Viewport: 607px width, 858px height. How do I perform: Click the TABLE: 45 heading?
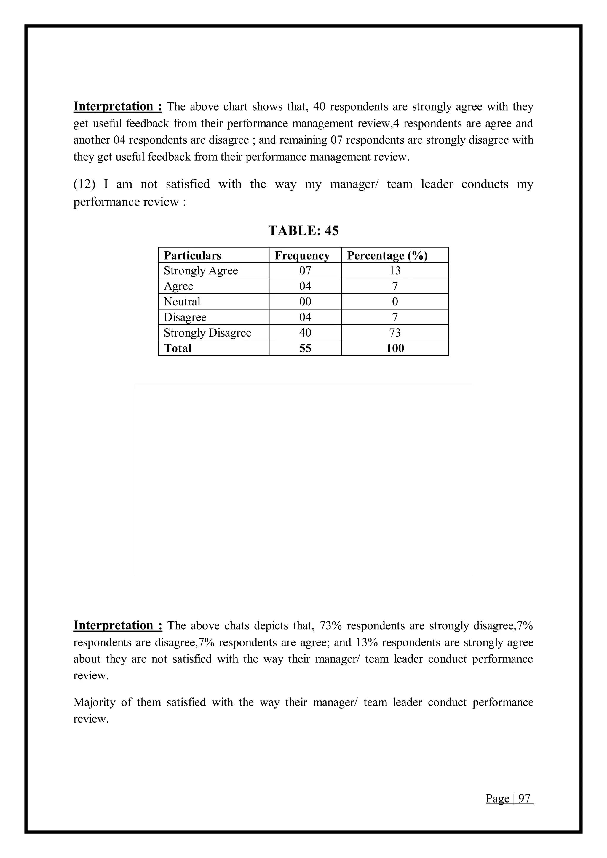(303, 230)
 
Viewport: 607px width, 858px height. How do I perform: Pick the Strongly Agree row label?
(201, 270)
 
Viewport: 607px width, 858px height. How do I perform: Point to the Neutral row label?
(182, 302)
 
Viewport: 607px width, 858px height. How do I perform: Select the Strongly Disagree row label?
(207, 333)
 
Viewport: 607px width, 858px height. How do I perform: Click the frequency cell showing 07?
(305, 270)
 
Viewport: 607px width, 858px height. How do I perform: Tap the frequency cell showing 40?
(305, 333)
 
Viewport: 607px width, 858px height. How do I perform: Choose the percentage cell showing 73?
(395, 333)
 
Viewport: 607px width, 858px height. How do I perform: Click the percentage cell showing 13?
(395, 270)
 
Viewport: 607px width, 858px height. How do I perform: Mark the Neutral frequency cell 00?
(305, 302)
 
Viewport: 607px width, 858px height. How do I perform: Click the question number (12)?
(84, 184)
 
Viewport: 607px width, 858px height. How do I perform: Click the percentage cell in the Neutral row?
(395, 302)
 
